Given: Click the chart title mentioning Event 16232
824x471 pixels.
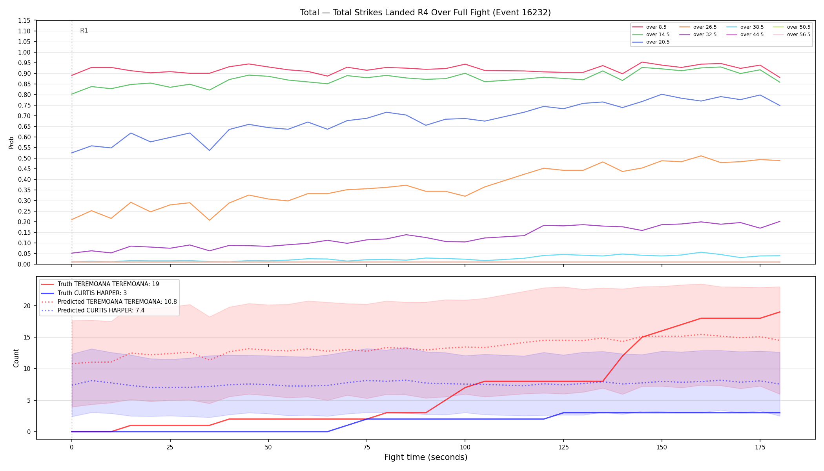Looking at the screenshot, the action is (x=425, y=13).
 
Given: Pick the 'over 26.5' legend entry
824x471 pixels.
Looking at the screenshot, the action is (x=698, y=27).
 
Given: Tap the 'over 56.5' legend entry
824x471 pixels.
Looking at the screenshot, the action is (x=792, y=35).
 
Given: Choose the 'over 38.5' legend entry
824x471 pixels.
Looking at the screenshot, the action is (x=745, y=27).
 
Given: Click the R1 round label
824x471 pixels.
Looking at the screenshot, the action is (x=84, y=31).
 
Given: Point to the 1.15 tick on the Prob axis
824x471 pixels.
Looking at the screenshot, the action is (x=24, y=20).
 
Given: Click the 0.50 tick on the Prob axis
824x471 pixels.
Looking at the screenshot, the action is (x=24, y=158).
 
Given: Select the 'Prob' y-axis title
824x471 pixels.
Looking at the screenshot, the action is (x=11, y=142).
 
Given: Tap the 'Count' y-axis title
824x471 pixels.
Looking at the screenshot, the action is (x=16, y=358).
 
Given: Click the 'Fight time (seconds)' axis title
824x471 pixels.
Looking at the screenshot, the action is (x=426, y=457).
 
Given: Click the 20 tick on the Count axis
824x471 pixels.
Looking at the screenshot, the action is (x=27, y=306).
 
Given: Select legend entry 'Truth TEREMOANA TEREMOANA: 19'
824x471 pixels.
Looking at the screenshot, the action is (x=100, y=284).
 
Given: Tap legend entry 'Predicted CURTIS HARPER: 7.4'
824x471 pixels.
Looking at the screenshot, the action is (x=93, y=310).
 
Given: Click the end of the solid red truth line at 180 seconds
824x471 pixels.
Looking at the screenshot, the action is (x=780, y=312).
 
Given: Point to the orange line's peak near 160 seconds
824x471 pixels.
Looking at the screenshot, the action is (x=701, y=156).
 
